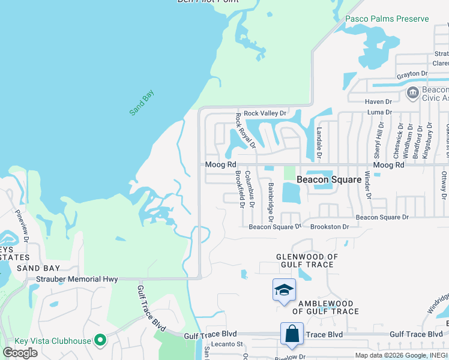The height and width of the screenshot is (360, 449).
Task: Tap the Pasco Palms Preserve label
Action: pyautogui.click(x=387, y=19)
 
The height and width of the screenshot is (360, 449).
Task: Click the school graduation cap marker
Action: pyautogui.click(x=284, y=291)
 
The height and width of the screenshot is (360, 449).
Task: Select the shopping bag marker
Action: pyautogui.click(x=292, y=334)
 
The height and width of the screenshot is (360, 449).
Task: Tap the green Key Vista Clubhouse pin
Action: pyautogui.click(x=100, y=341)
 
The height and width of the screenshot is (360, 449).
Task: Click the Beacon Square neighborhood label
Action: pyautogui.click(x=330, y=179)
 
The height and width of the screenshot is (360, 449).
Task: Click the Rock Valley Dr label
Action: pyautogui.click(x=265, y=113)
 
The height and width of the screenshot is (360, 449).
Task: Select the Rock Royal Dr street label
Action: pyautogui.click(x=246, y=130)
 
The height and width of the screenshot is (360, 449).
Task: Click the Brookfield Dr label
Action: pyautogui.click(x=240, y=188)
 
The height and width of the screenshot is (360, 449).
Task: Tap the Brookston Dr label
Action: pyautogui.click(x=330, y=227)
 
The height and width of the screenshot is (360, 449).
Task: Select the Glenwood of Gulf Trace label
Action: pyautogui.click(x=307, y=260)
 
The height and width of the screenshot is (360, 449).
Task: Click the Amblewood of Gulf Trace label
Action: pyautogui.click(x=325, y=307)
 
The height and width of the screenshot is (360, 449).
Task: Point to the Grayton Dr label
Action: pyautogui.click(x=412, y=74)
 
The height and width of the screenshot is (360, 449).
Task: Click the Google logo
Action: pyautogui.click(x=20, y=353)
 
